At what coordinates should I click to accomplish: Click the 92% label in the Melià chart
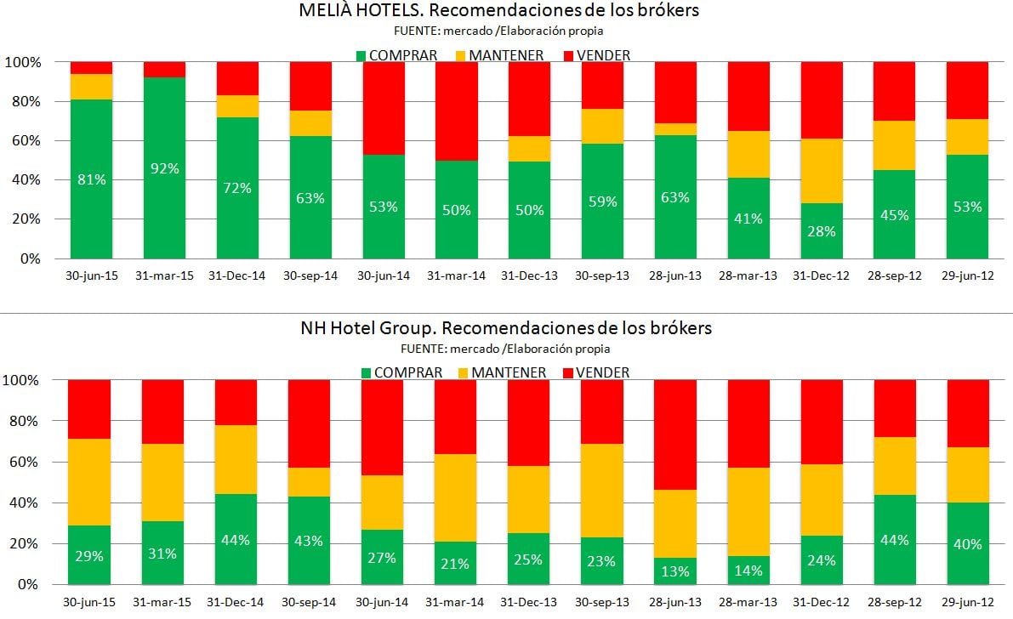(164, 168)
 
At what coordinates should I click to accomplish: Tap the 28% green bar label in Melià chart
(821, 231)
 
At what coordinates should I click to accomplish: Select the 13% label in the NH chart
(674, 571)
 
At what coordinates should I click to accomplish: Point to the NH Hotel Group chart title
(505, 327)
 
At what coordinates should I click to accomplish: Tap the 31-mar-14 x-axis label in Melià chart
(456, 275)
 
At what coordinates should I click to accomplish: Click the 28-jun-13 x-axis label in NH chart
(674, 602)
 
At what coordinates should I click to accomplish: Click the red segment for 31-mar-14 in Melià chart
(456, 111)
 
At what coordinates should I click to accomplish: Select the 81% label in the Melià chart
(91, 179)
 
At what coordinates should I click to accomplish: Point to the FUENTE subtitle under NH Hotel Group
(505, 349)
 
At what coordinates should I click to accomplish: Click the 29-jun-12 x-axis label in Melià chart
(967, 275)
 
